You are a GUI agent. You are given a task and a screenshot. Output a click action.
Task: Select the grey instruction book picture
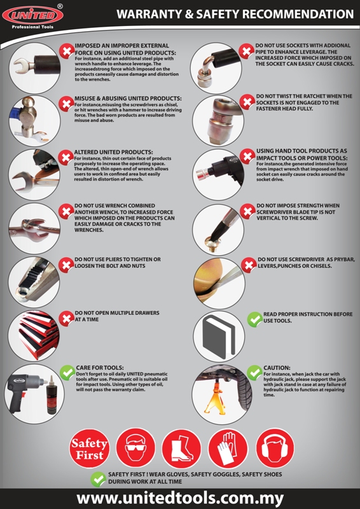[218, 335]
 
